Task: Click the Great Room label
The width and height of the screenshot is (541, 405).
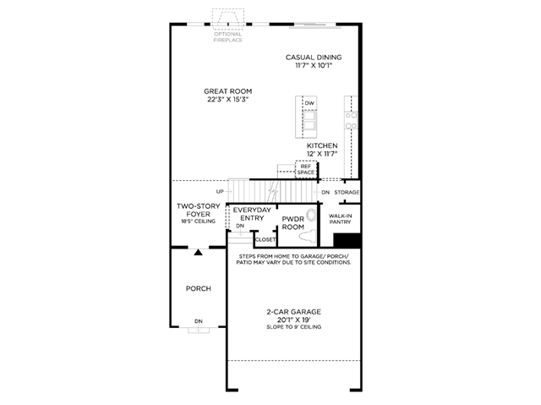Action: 227,91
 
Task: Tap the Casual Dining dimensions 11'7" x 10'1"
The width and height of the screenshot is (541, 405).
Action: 314,66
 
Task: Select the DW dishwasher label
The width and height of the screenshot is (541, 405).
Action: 309,103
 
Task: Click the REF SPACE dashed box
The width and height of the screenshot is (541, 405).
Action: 306,169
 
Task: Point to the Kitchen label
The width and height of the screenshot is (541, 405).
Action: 322,145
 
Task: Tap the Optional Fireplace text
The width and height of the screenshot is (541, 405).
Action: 227,37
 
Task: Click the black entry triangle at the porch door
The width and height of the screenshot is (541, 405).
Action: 198,252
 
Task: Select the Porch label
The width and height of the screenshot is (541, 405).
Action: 199,288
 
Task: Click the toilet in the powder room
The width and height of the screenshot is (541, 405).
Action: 308,236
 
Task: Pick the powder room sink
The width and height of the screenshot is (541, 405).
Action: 312,215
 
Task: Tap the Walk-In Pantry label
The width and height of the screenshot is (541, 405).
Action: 340,219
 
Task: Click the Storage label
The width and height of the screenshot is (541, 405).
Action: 347,192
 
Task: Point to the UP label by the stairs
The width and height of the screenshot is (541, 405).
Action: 220,191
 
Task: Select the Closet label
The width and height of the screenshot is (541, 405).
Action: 265,239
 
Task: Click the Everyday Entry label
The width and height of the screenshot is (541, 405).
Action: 252,214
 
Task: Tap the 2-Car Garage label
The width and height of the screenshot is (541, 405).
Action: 293,312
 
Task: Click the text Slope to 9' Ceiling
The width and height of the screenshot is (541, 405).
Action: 293,326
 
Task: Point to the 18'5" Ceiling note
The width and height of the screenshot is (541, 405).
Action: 199,222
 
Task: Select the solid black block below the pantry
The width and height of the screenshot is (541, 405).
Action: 347,240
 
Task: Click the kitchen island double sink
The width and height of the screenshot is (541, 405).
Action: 309,120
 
